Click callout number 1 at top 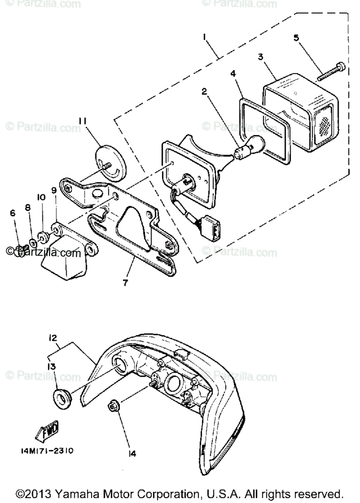(x=205, y=37)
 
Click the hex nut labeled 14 (x=112, y=405)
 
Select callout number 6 (x=13, y=214)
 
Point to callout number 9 (x=55, y=191)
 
